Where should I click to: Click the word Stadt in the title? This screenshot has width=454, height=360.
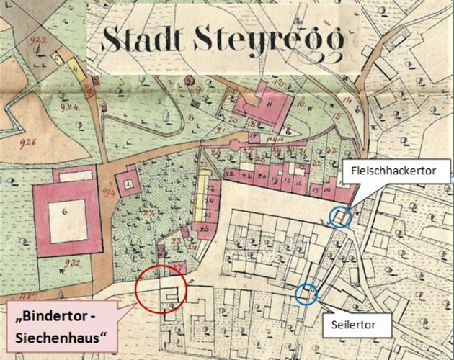point(143,39)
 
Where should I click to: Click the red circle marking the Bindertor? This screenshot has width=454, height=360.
point(160,289)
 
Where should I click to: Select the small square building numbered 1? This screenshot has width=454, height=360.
point(128,184)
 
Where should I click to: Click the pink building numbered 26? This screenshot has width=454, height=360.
point(205,230)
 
